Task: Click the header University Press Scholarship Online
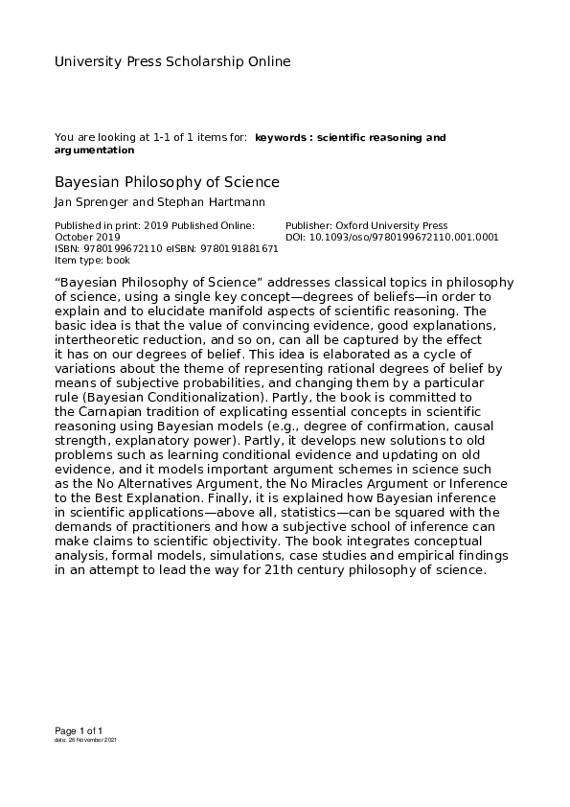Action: tap(172, 62)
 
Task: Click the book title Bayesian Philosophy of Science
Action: tap(167, 182)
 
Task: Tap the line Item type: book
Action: tap(92, 259)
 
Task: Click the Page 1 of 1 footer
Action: tap(78, 730)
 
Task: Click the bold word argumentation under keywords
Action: tap(94, 150)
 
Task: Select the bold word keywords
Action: tap(281, 139)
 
